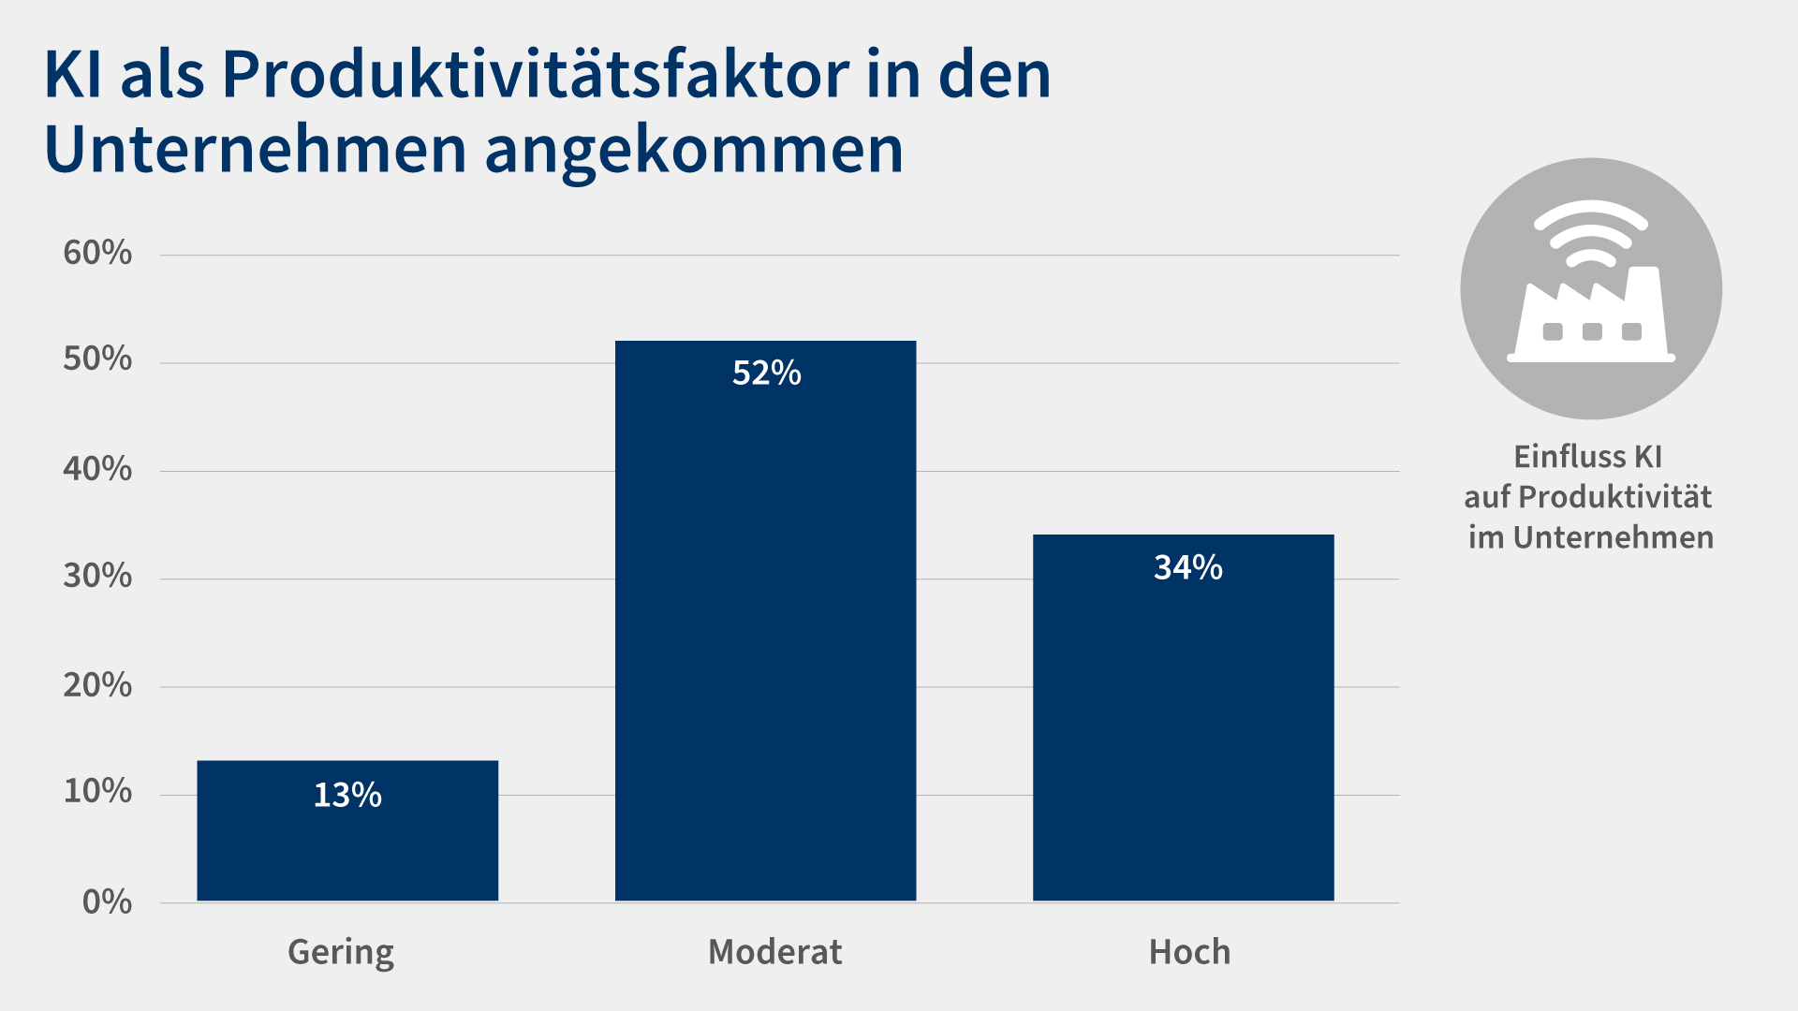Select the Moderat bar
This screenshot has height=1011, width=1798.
tap(765, 637)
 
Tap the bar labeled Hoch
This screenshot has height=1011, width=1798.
tap(1183, 730)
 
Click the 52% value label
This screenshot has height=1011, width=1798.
tap(766, 374)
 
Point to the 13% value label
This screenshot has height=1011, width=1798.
tap(347, 796)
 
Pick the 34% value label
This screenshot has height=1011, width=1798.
tap(1187, 567)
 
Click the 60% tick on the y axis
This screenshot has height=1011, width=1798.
tap(97, 253)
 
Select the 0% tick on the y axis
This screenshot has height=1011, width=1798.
tap(107, 902)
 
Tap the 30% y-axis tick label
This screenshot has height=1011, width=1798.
tap(97, 577)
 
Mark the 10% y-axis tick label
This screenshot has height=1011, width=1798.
tap(97, 792)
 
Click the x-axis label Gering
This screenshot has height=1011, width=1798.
tap(341, 952)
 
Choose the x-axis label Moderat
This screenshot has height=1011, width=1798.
tap(774, 952)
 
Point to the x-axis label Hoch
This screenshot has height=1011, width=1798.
tap(1189, 952)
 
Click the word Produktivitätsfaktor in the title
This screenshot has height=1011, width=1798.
tap(535, 75)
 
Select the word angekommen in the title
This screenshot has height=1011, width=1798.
tap(694, 151)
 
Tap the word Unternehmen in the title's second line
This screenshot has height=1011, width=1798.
tap(255, 151)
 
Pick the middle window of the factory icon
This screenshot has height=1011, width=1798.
tap(1591, 331)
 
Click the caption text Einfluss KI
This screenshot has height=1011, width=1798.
tap(1587, 457)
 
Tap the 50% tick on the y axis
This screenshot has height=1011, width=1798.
tap(97, 359)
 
